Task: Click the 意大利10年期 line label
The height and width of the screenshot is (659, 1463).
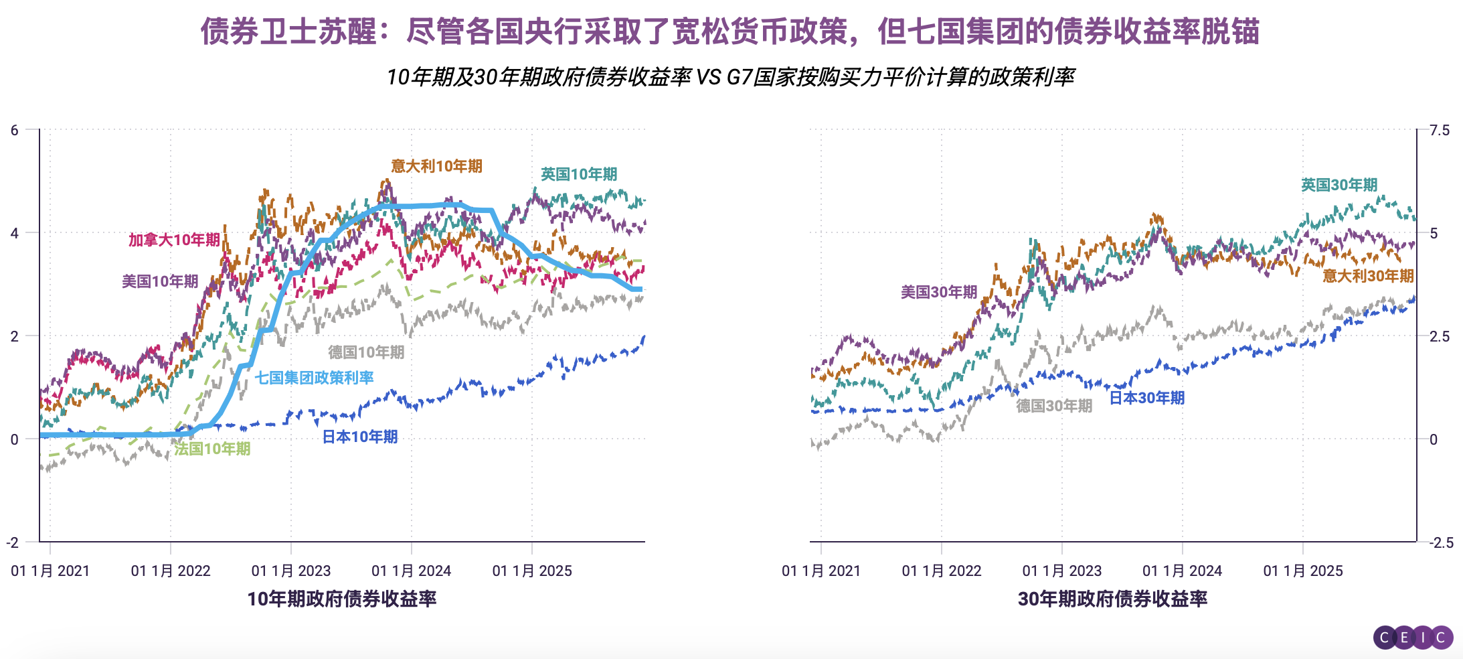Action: tap(436, 166)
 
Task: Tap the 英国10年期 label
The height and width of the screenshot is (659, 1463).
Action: tap(579, 174)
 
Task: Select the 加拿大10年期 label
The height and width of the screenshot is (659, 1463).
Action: tap(174, 240)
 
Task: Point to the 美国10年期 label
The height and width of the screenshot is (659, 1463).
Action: tap(160, 281)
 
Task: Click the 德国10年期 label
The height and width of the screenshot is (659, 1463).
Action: tap(366, 352)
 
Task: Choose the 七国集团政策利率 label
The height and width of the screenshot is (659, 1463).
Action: tap(314, 378)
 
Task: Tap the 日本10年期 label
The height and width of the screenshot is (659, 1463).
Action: tap(360, 437)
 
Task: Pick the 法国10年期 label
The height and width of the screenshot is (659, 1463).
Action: tap(212, 449)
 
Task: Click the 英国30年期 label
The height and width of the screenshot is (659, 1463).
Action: tap(1339, 185)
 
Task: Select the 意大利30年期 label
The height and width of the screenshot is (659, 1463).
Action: tap(1368, 276)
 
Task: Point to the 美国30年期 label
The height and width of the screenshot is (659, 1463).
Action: tap(939, 292)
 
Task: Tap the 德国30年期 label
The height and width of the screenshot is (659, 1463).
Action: tap(1054, 406)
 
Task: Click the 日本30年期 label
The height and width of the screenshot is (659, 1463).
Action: tap(1147, 398)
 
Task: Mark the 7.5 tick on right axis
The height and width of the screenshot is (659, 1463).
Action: tap(1440, 131)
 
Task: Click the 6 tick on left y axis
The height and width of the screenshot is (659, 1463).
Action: tap(15, 131)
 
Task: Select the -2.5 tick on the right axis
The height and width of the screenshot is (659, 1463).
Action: tap(1441, 542)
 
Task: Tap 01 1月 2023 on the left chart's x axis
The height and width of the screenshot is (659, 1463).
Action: tap(291, 571)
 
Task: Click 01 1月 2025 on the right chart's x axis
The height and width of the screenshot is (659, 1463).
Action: tap(1302, 571)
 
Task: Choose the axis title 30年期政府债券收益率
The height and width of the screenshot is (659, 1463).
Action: tap(1112, 599)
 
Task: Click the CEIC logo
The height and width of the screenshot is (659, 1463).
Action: tap(1413, 637)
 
